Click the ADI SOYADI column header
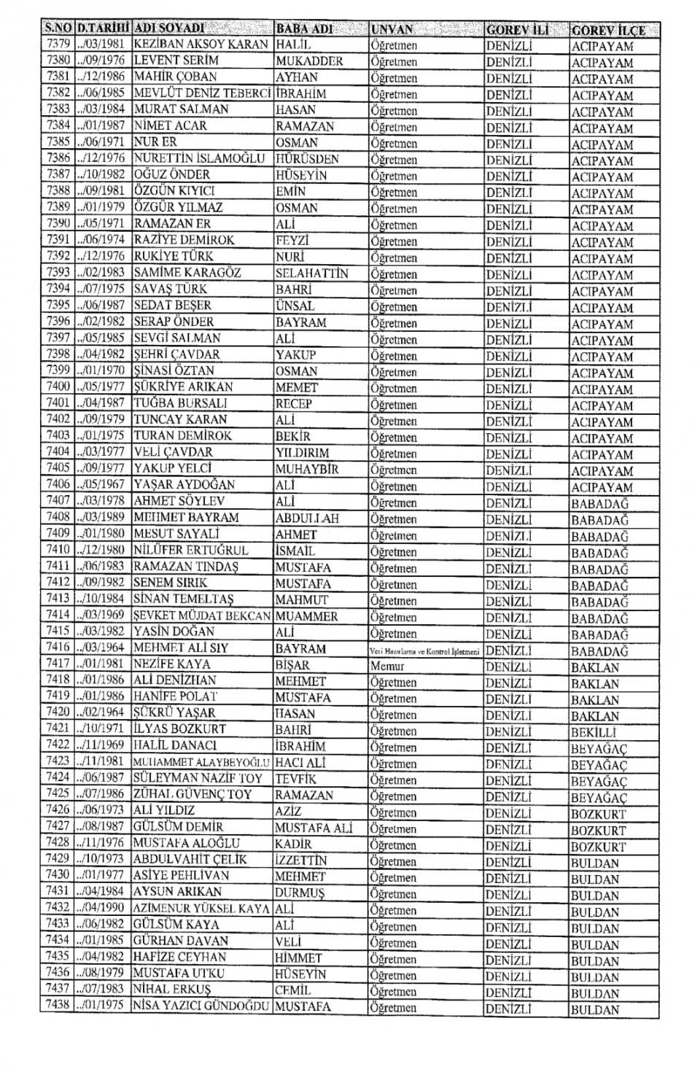[x=170, y=29]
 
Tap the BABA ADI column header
[x=304, y=29]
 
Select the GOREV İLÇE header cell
[x=608, y=31]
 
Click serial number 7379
[x=58, y=44]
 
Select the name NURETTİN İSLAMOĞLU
[x=199, y=158]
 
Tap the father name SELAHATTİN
[x=312, y=273]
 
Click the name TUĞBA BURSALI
[x=181, y=403]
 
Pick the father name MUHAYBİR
[x=307, y=469]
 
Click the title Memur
[x=387, y=666]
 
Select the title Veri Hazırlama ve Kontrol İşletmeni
[x=424, y=650]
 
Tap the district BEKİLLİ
[x=594, y=732]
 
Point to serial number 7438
[x=58, y=1007]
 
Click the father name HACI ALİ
[x=300, y=763]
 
